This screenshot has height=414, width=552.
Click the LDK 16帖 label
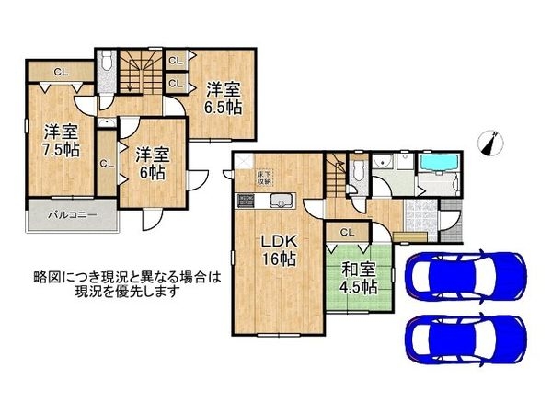point(275,251)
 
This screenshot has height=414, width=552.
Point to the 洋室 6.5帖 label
point(224,98)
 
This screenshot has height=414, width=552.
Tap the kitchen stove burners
point(247,201)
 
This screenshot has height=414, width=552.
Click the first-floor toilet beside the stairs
point(359,169)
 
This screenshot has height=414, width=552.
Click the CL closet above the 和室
point(347,233)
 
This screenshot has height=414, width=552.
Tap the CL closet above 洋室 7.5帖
point(59,72)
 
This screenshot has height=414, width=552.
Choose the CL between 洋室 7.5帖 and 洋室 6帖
point(106,164)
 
